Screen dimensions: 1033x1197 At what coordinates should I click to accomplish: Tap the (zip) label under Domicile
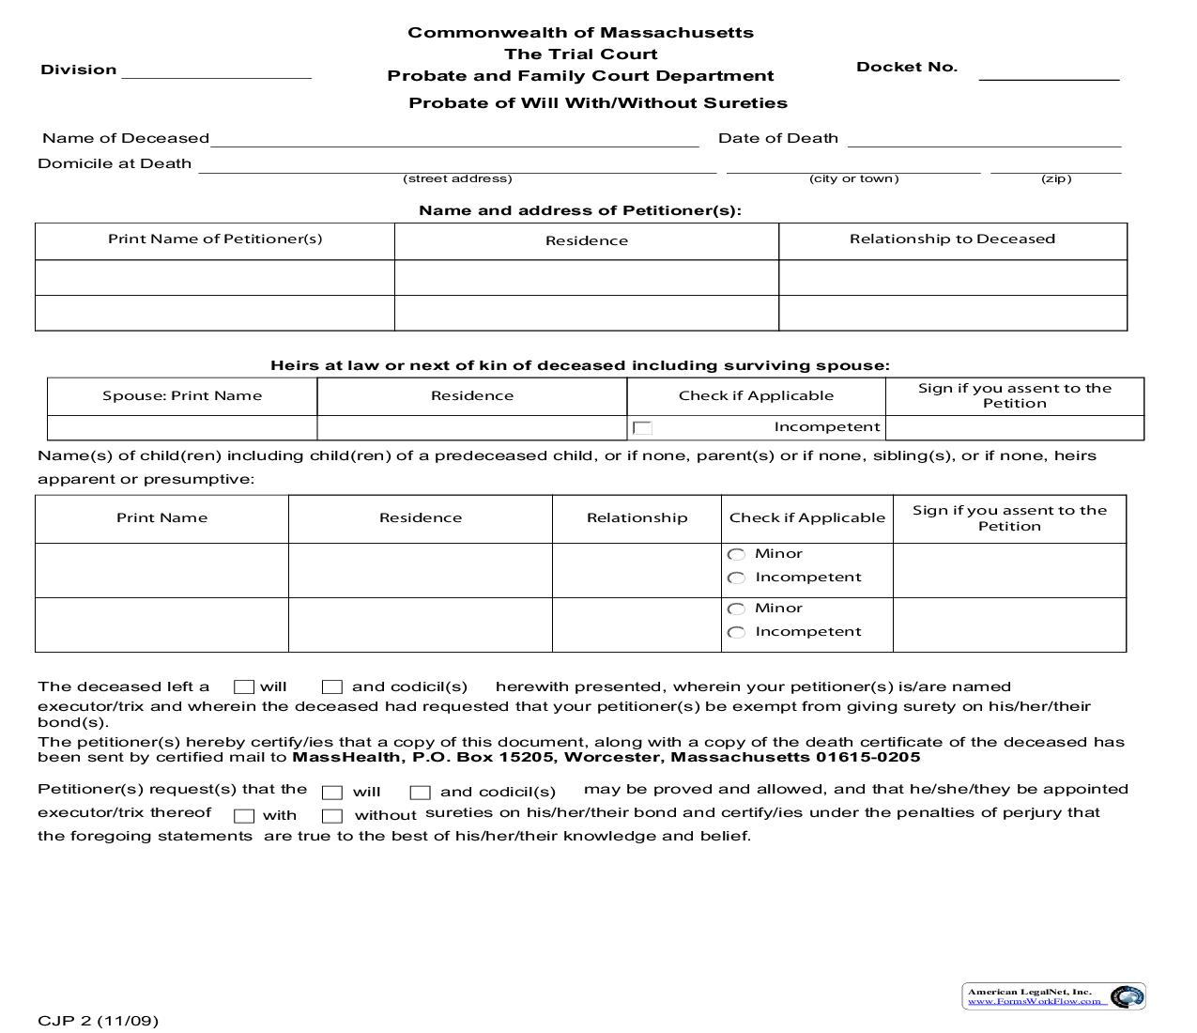(1055, 178)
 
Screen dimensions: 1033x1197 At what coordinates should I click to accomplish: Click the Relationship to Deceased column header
(952, 239)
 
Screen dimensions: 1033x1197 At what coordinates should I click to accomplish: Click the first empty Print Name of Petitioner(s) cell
(214, 278)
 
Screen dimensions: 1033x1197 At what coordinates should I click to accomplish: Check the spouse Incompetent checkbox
(643, 428)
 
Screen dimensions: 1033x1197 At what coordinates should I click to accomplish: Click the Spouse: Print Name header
(182, 395)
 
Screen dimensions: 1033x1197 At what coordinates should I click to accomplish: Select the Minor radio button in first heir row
(737, 555)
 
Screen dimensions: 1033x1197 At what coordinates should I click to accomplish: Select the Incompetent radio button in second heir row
(737, 633)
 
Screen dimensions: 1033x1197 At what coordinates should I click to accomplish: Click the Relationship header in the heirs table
(637, 517)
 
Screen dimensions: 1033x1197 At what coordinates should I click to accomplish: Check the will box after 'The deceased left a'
(244, 687)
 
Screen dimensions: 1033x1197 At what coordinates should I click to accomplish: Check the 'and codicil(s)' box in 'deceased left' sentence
(331, 687)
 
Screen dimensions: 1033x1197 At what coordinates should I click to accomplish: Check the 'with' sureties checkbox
(244, 816)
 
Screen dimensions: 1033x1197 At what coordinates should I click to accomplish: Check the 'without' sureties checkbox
(331, 816)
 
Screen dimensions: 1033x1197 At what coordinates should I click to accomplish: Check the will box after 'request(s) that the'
(331, 793)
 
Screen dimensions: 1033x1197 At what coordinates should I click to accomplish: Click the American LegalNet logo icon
(1127, 997)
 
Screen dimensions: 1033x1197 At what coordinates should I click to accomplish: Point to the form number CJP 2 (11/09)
(99, 1021)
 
